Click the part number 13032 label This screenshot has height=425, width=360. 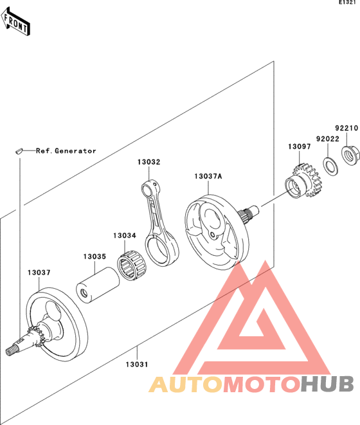[x=149, y=162]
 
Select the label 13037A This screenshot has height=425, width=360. [x=208, y=176]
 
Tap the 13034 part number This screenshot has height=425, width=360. [x=125, y=235]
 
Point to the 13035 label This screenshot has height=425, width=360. [x=94, y=257]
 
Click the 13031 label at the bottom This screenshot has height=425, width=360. [x=137, y=365]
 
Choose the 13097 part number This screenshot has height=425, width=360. [x=300, y=147]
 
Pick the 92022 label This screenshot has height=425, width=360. [x=328, y=139]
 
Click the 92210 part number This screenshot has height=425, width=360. [x=347, y=128]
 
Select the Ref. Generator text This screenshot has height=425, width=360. [x=66, y=150]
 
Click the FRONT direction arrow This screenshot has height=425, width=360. [x=15, y=22]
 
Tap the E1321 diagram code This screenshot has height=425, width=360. [x=347, y=3]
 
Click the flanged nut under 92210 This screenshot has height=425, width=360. [x=350, y=156]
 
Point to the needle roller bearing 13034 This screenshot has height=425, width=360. [x=132, y=266]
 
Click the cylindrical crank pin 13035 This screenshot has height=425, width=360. [x=98, y=285]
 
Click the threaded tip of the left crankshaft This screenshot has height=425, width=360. [x=12, y=351]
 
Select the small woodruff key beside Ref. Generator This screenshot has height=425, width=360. [x=19, y=150]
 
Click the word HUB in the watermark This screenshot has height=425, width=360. [x=327, y=384]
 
